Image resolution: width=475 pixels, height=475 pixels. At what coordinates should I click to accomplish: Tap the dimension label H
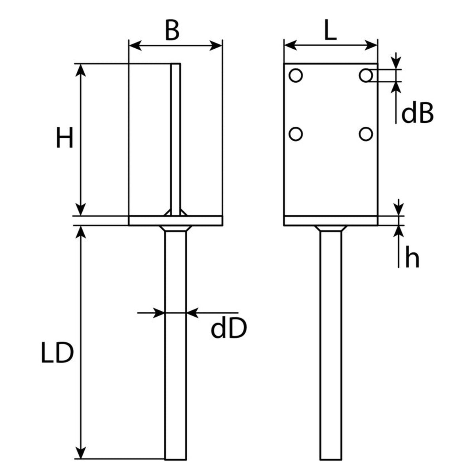tap(65, 137)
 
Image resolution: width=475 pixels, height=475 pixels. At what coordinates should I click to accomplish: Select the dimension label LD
tap(57, 353)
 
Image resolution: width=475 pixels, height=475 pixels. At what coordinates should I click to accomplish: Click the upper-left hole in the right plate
tap(296, 75)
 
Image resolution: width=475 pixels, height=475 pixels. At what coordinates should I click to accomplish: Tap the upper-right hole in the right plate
tap(366, 75)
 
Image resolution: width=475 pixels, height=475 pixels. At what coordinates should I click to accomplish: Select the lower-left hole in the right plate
tap(296, 134)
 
